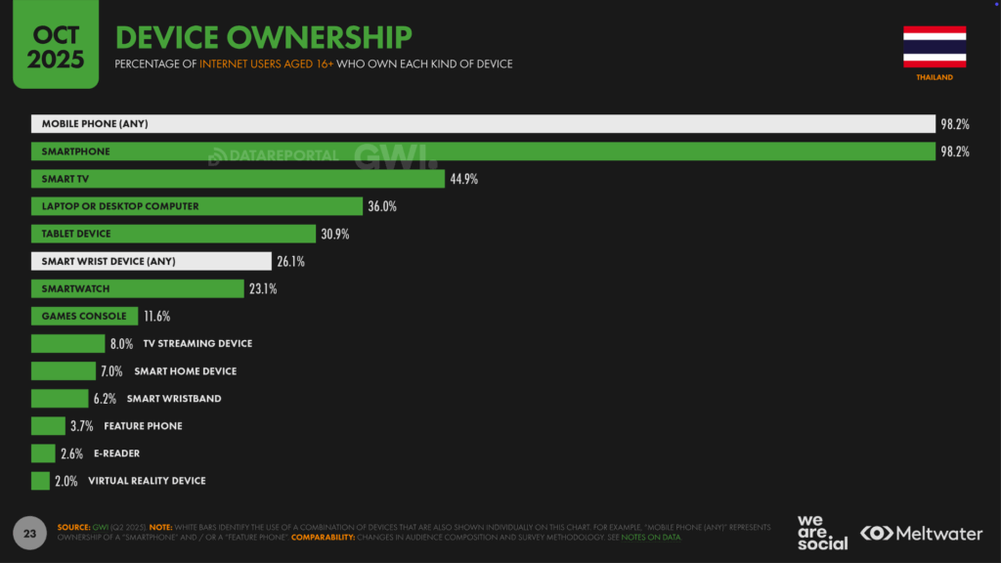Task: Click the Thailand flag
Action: pyautogui.click(x=935, y=47)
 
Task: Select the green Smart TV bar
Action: pyautogui.click(x=238, y=179)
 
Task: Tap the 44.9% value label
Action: pyautogui.click(x=464, y=179)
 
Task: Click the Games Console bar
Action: pyautogui.click(x=84, y=316)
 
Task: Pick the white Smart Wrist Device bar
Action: pyautogui.click(x=151, y=261)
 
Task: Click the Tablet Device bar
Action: pyautogui.click(x=173, y=234)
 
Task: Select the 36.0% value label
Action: pyautogui.click(x=382, y=206)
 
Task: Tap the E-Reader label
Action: pyautogui.click(x=117, y=454)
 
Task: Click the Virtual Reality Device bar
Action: pyautogui.click(x=40, y=481)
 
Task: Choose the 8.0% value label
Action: pyautogui.click(x=121, y=343)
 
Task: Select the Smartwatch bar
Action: pyautogui.click(x=137, y=288)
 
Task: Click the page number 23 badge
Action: pyautogui.click(x=29, y=534)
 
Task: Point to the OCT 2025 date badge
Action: pyautogui.click(x=55, y=47)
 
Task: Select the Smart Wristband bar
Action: pyautogui.click(x=60, y=399)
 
